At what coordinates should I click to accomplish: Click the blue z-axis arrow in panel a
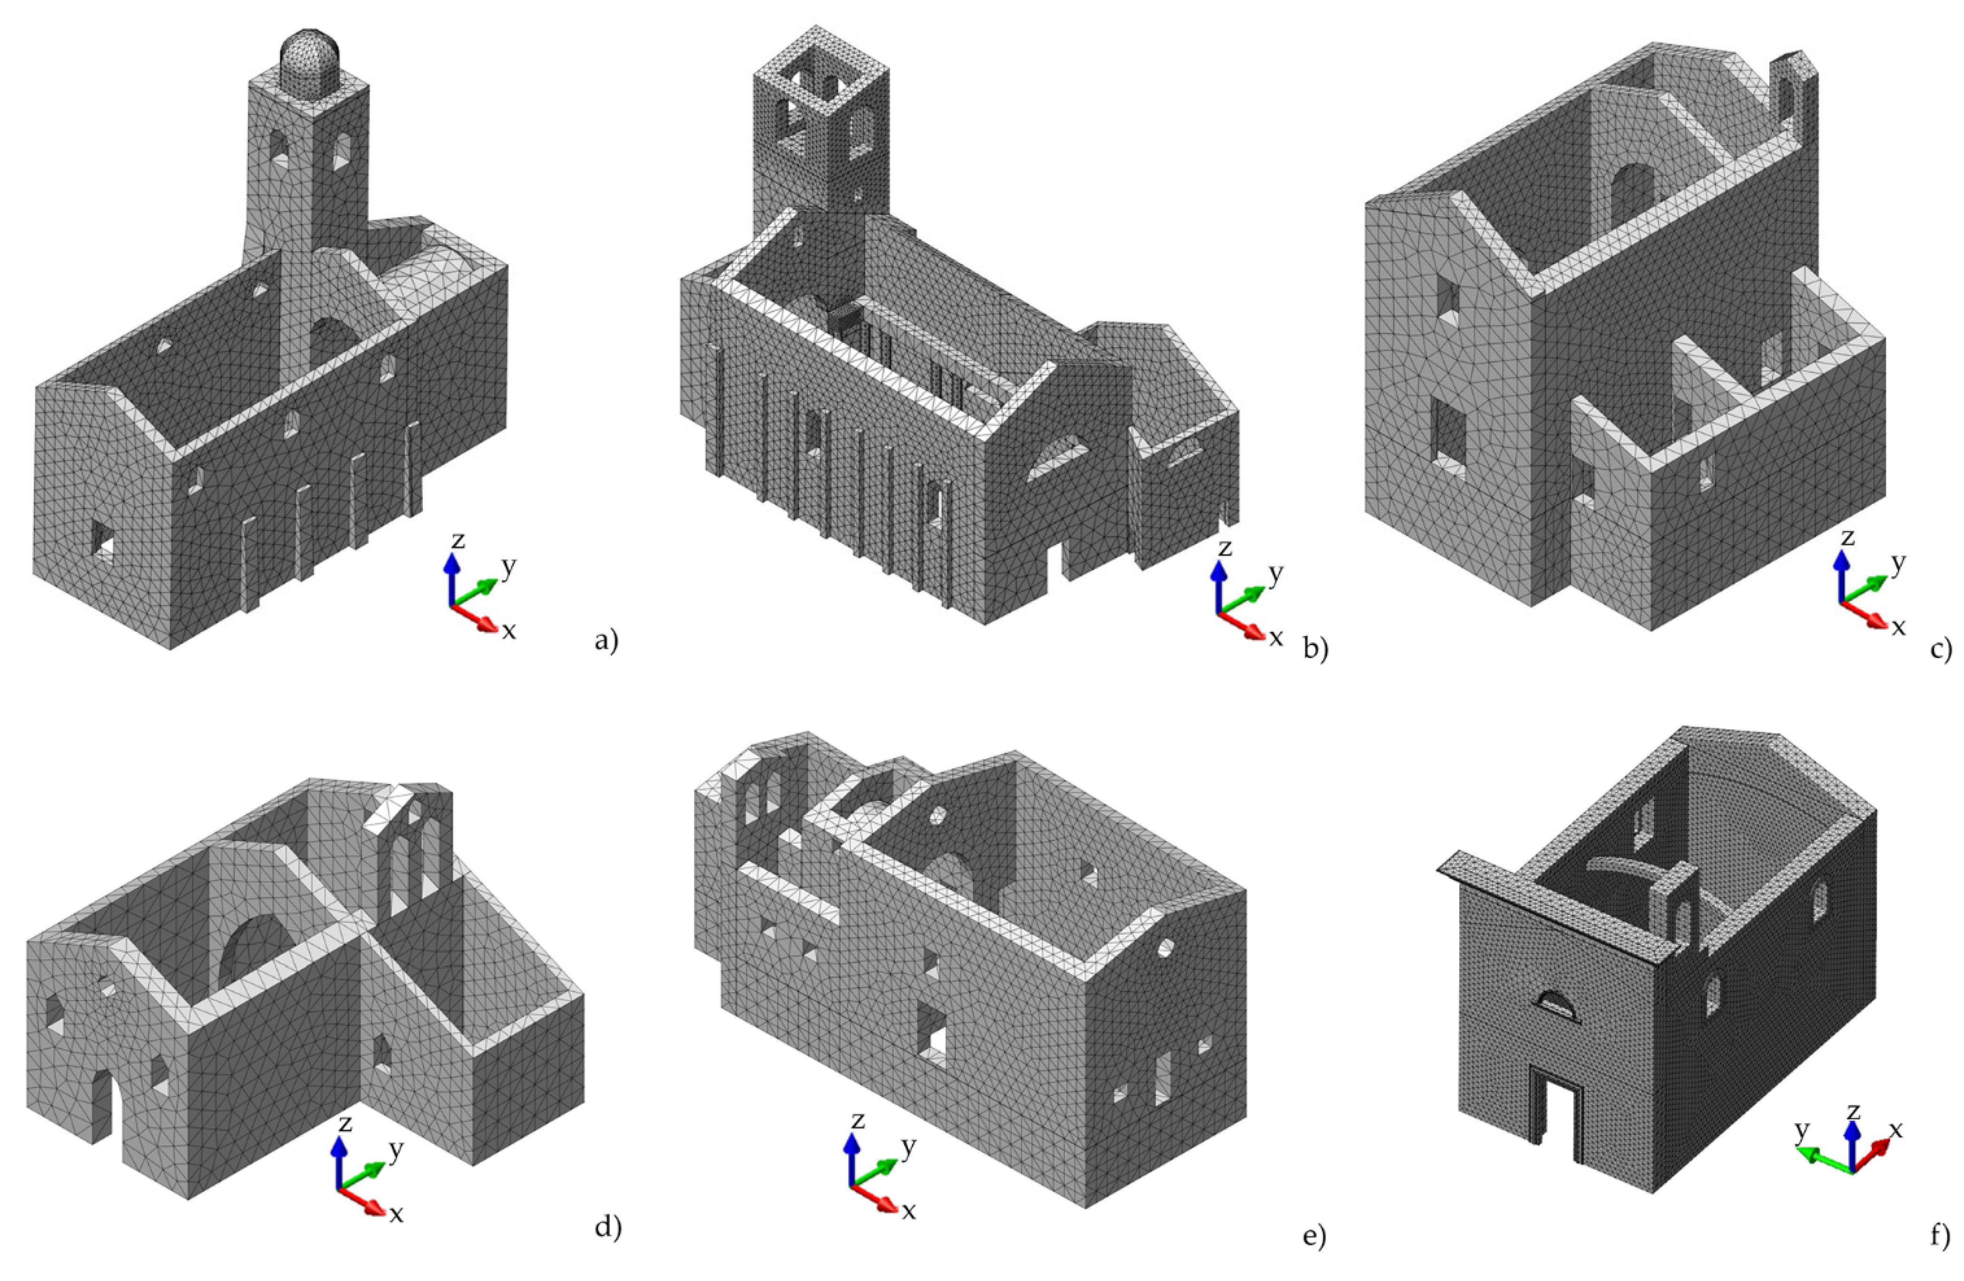pyautogui.click(x=450, y=578)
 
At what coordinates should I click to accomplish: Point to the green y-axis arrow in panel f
pyautogui.click(x=1821, y=1157)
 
